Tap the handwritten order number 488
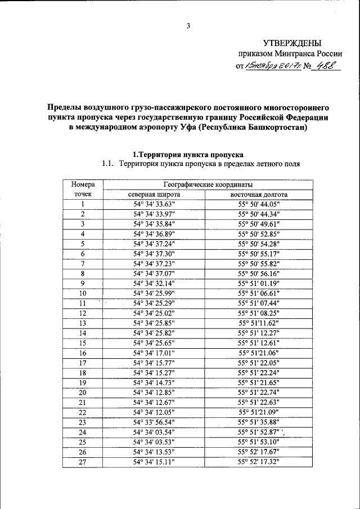pyautogui.click(x=327, y=66)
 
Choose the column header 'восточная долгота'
pyautogui.click(x=258, y=195)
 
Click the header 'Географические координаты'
pyautogui.click(x=208, y=184)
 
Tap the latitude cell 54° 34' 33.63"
pyautogui.click(x=154, y=204)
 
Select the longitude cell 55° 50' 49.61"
pyautogui.click(x=258, y=224)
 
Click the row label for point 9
pyautogui.click(x=83, y=283)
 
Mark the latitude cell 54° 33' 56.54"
pyautogui.click(x=154, y=422)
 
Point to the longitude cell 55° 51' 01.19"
pyautogui.click(x=258, y=283)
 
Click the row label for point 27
pyautogui.click(x=83, y=461)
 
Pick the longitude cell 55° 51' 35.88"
pyautogui.click(x=258, y=422)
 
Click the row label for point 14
pyautogui.click(x=83, y=333)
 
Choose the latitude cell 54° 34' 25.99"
pyautogui.click(x=154, y=293)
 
